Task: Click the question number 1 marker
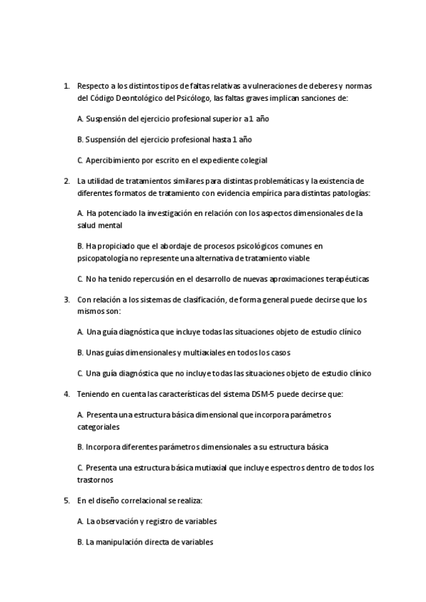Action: (x=66, y=86)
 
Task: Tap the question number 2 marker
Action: (x=66, y=180)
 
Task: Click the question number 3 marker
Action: (x=66, y=299)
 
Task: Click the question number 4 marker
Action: (x=66, y=393)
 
